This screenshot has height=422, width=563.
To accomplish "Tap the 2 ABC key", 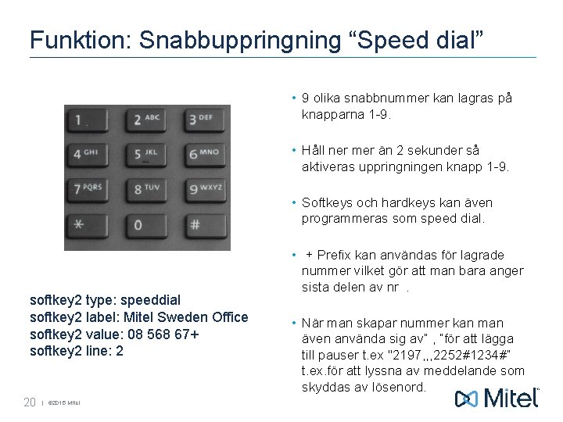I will pos(145,120).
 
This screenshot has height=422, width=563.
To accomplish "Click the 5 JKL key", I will pos(145,155).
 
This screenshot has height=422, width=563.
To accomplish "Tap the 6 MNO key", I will pos(203,155).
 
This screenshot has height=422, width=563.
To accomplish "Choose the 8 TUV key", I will pos(145,189).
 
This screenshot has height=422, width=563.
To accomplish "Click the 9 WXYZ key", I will pos(203,189).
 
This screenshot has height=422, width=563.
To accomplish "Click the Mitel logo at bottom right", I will pos(497,399).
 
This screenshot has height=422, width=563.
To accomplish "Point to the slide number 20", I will pos(30,402).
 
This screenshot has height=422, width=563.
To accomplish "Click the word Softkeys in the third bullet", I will pos(328,203).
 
